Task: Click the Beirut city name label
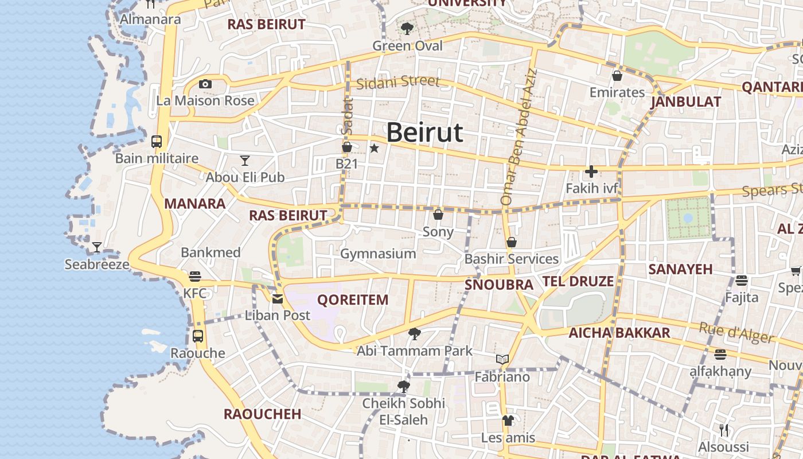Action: (x=424, y=133)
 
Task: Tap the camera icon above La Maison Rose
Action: (x=205, y=84)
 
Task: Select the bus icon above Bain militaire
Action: (x=157, y=141)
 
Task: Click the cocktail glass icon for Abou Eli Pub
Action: (x=245, y=160)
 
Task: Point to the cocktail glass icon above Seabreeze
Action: (x=97, y=247)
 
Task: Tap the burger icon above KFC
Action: (x=195, y=276)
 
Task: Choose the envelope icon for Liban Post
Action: (x=278, y=298)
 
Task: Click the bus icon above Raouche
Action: (x=198, y=336)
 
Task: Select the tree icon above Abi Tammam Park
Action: (x=414, y=333)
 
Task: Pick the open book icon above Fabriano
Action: (x=502, y=360)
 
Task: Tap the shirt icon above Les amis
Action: (x=508, y=421)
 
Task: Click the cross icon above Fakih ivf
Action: (x=591, y=171)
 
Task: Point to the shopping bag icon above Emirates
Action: (x=617, y=75)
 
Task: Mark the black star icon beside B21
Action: (x=375, y=149)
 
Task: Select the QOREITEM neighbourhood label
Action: (x=353, y=299)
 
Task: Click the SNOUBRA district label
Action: (x=499, y=285)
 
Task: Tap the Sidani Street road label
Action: (x=397, y=83)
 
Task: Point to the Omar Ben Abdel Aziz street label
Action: (x=519, y=138)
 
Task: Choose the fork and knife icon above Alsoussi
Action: (x=724, y=430)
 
